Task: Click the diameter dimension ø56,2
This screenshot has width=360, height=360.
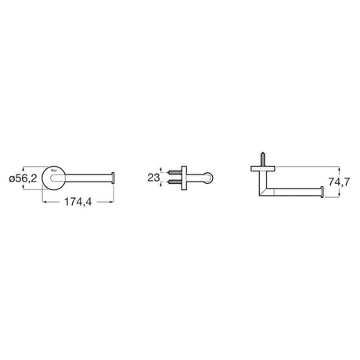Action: tap(23, 179)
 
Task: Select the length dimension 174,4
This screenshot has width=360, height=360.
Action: tap(78, 202)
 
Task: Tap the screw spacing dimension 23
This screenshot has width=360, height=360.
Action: tap(153, 178)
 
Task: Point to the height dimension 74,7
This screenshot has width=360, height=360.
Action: tap(339, 182)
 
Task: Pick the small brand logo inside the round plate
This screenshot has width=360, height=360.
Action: tap(53, 170)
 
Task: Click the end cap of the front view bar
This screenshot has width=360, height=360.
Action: tap(113, 178)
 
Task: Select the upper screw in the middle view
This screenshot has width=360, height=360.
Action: tap(175, 172)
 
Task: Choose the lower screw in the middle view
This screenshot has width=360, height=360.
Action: tap(175, 182)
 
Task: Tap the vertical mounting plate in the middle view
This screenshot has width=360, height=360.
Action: tap(184, 178)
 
